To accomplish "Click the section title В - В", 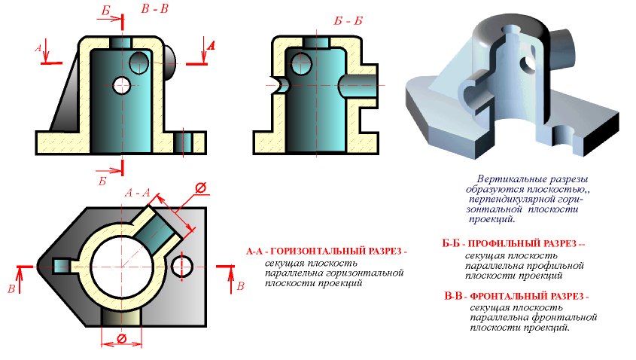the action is (154, 9).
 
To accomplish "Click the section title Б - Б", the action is (348, 21).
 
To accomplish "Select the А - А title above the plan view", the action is (137, 192).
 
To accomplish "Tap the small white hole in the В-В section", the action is (121, 85).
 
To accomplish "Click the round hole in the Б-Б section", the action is (301, 64).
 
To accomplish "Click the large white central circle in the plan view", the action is (121, 267).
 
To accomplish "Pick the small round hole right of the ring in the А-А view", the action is (181, 267).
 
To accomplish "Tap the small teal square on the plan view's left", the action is (61, 267).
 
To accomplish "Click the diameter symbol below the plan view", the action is (121, 338).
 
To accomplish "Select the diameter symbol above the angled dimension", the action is (200, 188).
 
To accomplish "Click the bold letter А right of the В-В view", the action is (211, 45).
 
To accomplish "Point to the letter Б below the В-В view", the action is (102, 181).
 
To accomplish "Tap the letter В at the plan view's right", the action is (241, 286).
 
